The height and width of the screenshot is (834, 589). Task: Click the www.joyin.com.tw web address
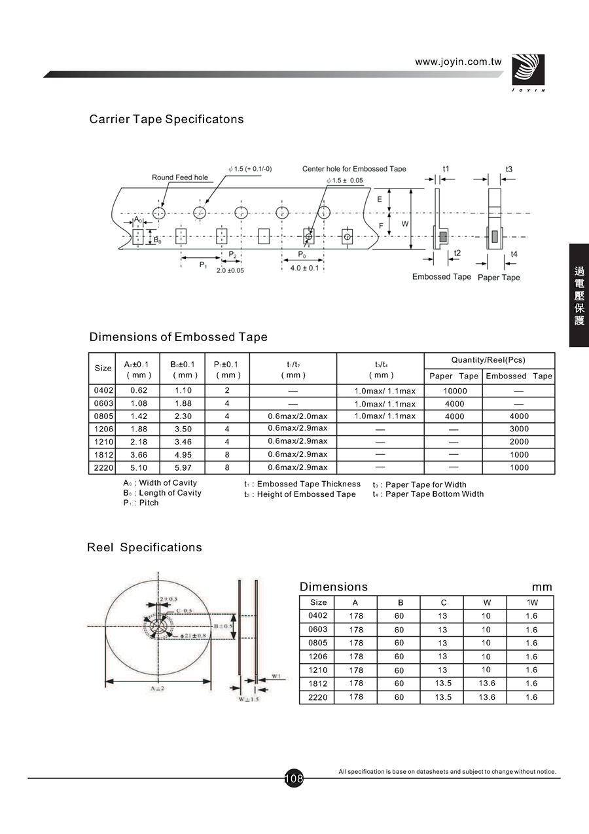[458, 62]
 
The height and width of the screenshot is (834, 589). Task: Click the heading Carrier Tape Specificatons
[166, 119]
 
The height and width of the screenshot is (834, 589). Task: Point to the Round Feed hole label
[180, 177]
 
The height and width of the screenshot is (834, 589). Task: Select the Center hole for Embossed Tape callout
[354, 169]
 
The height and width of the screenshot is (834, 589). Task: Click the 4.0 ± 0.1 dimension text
[304, 268]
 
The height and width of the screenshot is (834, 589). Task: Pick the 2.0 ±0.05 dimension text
[230, 270]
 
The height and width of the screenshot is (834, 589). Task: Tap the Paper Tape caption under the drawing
[499, 278]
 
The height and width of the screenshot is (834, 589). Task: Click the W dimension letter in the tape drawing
[405, 224]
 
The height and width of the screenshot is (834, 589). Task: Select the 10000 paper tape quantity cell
[454, 391]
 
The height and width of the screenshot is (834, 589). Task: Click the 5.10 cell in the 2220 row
[139, 467]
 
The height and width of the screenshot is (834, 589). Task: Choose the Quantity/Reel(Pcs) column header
[489, 360]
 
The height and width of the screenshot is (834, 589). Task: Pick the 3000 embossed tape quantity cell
[519, 429]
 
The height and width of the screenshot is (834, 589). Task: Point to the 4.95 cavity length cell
[183, 455]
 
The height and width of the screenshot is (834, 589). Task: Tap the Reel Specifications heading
[145, 547]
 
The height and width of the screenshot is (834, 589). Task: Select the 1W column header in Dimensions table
[531, 602]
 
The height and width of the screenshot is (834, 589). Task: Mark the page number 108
[294, 779]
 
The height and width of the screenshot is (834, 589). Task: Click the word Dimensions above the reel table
[334, 587]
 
